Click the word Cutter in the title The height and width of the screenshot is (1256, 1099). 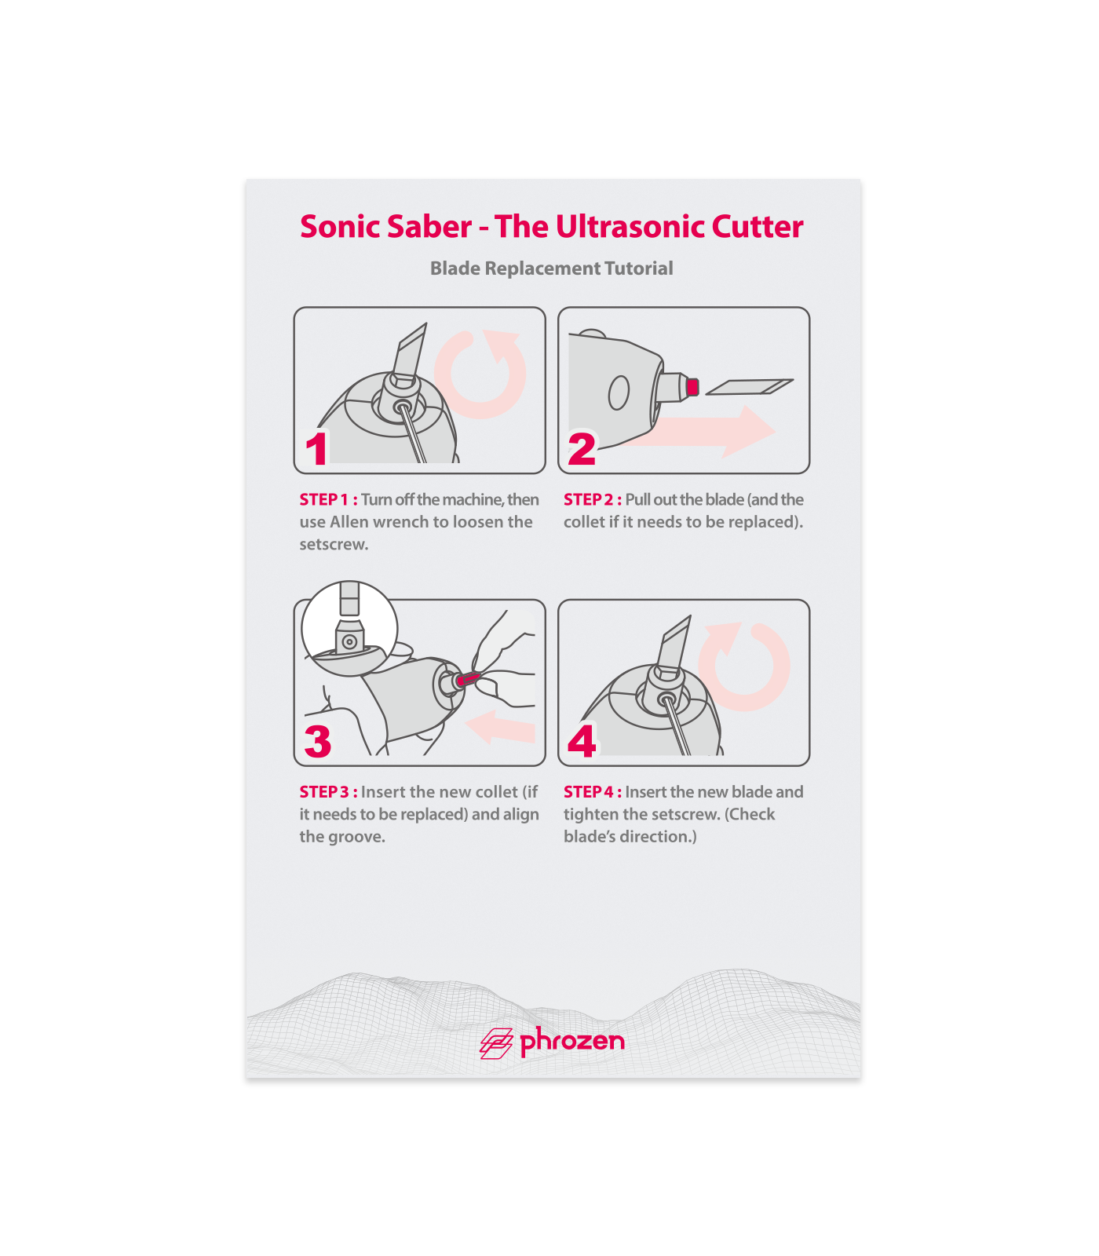pos(758,227)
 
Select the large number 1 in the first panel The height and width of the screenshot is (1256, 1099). pos(316,449)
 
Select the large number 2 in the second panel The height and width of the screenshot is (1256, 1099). pos(582,449)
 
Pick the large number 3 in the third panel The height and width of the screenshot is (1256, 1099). pos(318,741)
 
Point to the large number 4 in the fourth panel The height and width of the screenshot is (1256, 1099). pos(582,741)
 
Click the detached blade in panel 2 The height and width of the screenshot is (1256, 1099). pos(750,386)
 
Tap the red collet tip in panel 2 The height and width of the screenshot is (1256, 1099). pos(692,386)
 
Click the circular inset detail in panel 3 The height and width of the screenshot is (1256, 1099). pos(349,629)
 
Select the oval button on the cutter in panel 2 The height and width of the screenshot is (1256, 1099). pos(619,392)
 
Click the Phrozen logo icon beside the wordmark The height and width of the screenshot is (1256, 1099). pos(496,1043)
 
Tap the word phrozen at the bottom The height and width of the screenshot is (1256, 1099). pos(573,1042)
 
